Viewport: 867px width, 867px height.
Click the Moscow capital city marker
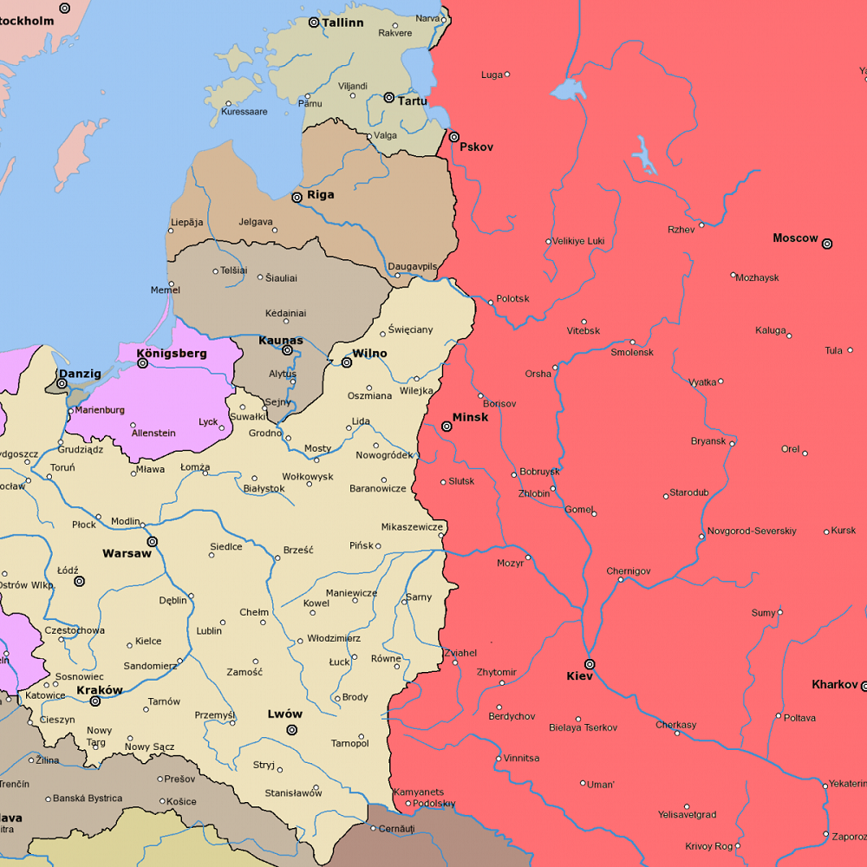[827, 244]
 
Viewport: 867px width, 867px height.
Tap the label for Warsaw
[127, 553]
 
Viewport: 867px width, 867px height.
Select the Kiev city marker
[590, 664]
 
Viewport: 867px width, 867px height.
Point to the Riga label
[320, 195]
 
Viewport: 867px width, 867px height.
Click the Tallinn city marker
[314, 22]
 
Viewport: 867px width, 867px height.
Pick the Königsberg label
[172, 353]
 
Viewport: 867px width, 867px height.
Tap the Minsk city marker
[447, 427]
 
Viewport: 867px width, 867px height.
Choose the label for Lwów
[284, 714]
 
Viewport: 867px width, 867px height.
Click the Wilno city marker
[347, 362]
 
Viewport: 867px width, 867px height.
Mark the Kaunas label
[281, 341]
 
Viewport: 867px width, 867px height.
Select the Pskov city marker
[453, 137]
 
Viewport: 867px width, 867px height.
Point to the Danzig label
[80, 374]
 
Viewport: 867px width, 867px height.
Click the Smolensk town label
[632, 353]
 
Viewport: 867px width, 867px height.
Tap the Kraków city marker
[95, 701]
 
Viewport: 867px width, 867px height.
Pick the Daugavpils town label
[413, 266]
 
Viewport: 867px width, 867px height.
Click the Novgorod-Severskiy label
[752, 531]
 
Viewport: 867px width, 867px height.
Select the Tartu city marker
[389, 98]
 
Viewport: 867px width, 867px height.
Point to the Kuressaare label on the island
[244, 112]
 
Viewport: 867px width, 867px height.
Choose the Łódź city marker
[79, 582]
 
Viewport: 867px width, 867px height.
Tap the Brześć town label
[298, 550]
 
